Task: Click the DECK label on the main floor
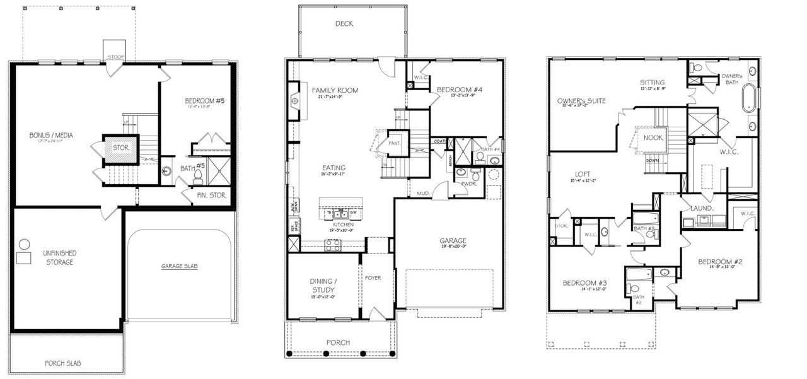(344, 24)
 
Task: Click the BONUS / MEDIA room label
(49, 136)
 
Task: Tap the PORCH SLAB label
(62, 363)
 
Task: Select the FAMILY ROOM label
(335, 91)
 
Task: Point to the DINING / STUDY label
(323, 286)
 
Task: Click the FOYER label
(373, 277)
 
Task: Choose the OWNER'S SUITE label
(581, 101)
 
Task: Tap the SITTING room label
(651, 83)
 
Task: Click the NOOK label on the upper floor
(653, 137)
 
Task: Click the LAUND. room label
(702, 208)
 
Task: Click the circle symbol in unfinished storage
(25, 244)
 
